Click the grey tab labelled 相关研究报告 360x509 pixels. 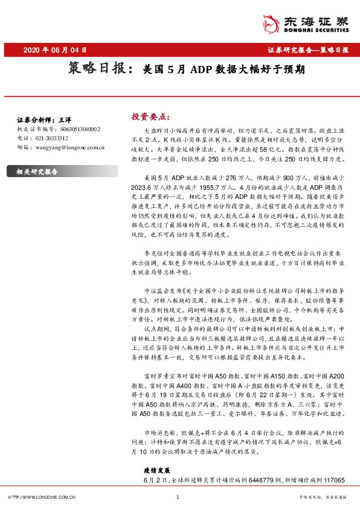[x=37, y=171]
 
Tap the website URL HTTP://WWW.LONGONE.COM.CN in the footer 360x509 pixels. [x=41, y=497]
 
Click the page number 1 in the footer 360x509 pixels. [x=177, y=497]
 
